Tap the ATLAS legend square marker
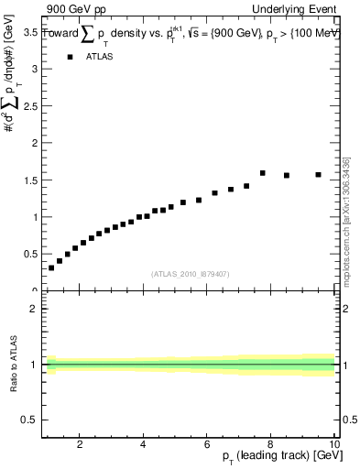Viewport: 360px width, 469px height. point(70,57)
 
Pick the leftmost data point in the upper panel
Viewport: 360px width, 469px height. point(51,267)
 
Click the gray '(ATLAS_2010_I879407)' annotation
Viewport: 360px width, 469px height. point(191,274)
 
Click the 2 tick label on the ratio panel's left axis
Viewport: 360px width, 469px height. point(33,309)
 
